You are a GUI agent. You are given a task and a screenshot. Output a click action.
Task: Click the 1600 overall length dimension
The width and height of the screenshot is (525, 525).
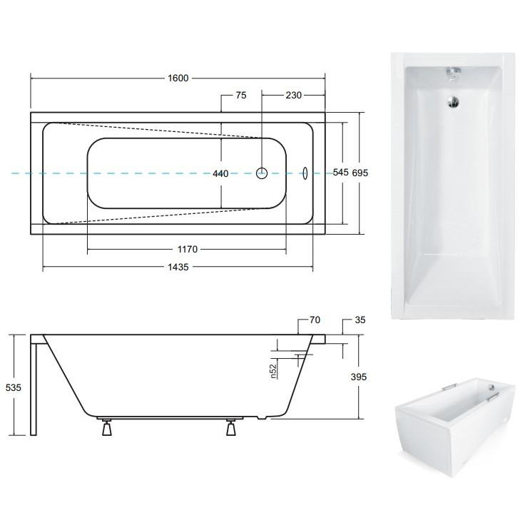click(178, 78)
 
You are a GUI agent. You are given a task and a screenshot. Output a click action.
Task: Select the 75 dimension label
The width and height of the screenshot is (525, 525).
click(240, 95)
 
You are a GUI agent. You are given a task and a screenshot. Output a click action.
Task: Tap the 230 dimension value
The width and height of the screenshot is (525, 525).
click(293, 95)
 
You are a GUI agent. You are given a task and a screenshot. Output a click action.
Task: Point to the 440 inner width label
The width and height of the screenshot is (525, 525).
click(220, 173)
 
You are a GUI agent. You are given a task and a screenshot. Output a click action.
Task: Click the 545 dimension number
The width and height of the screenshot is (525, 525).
click(341, 173)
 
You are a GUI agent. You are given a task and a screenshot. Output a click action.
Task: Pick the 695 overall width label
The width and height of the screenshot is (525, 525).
click(360, 173)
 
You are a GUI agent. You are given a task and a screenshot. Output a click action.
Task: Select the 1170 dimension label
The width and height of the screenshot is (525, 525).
click(188, 249)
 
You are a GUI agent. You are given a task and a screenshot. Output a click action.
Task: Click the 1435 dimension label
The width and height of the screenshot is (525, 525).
click(178, 267)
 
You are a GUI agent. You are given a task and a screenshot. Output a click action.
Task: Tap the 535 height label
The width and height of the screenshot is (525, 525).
click(14, 387)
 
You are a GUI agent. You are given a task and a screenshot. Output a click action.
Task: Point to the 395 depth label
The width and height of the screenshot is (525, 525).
click(359, 377)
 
